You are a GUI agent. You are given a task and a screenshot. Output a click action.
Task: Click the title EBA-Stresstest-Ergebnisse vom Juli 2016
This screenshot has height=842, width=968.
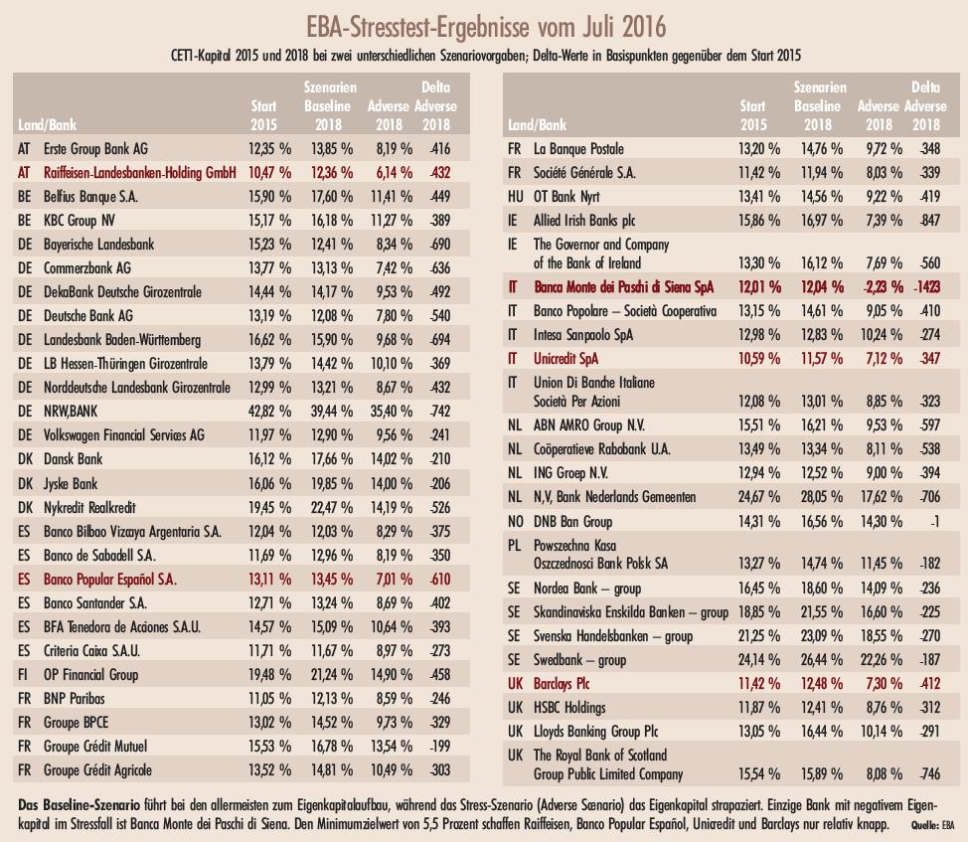coord(484,22)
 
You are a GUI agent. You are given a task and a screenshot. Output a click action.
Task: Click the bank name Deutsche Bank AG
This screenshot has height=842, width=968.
coord(90,315)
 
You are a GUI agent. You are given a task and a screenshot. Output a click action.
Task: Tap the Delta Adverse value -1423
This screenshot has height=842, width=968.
coord(923,288)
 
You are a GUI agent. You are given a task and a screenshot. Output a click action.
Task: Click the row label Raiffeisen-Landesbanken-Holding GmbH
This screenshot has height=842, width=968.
coord(139,172)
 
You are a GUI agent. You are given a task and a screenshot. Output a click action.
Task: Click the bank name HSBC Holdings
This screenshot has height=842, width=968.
coord(569,708)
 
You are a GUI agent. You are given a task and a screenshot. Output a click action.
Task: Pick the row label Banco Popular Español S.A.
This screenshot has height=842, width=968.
coord(110,578)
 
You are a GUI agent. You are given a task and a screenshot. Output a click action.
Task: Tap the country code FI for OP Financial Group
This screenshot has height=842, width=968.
coord(23,673)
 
